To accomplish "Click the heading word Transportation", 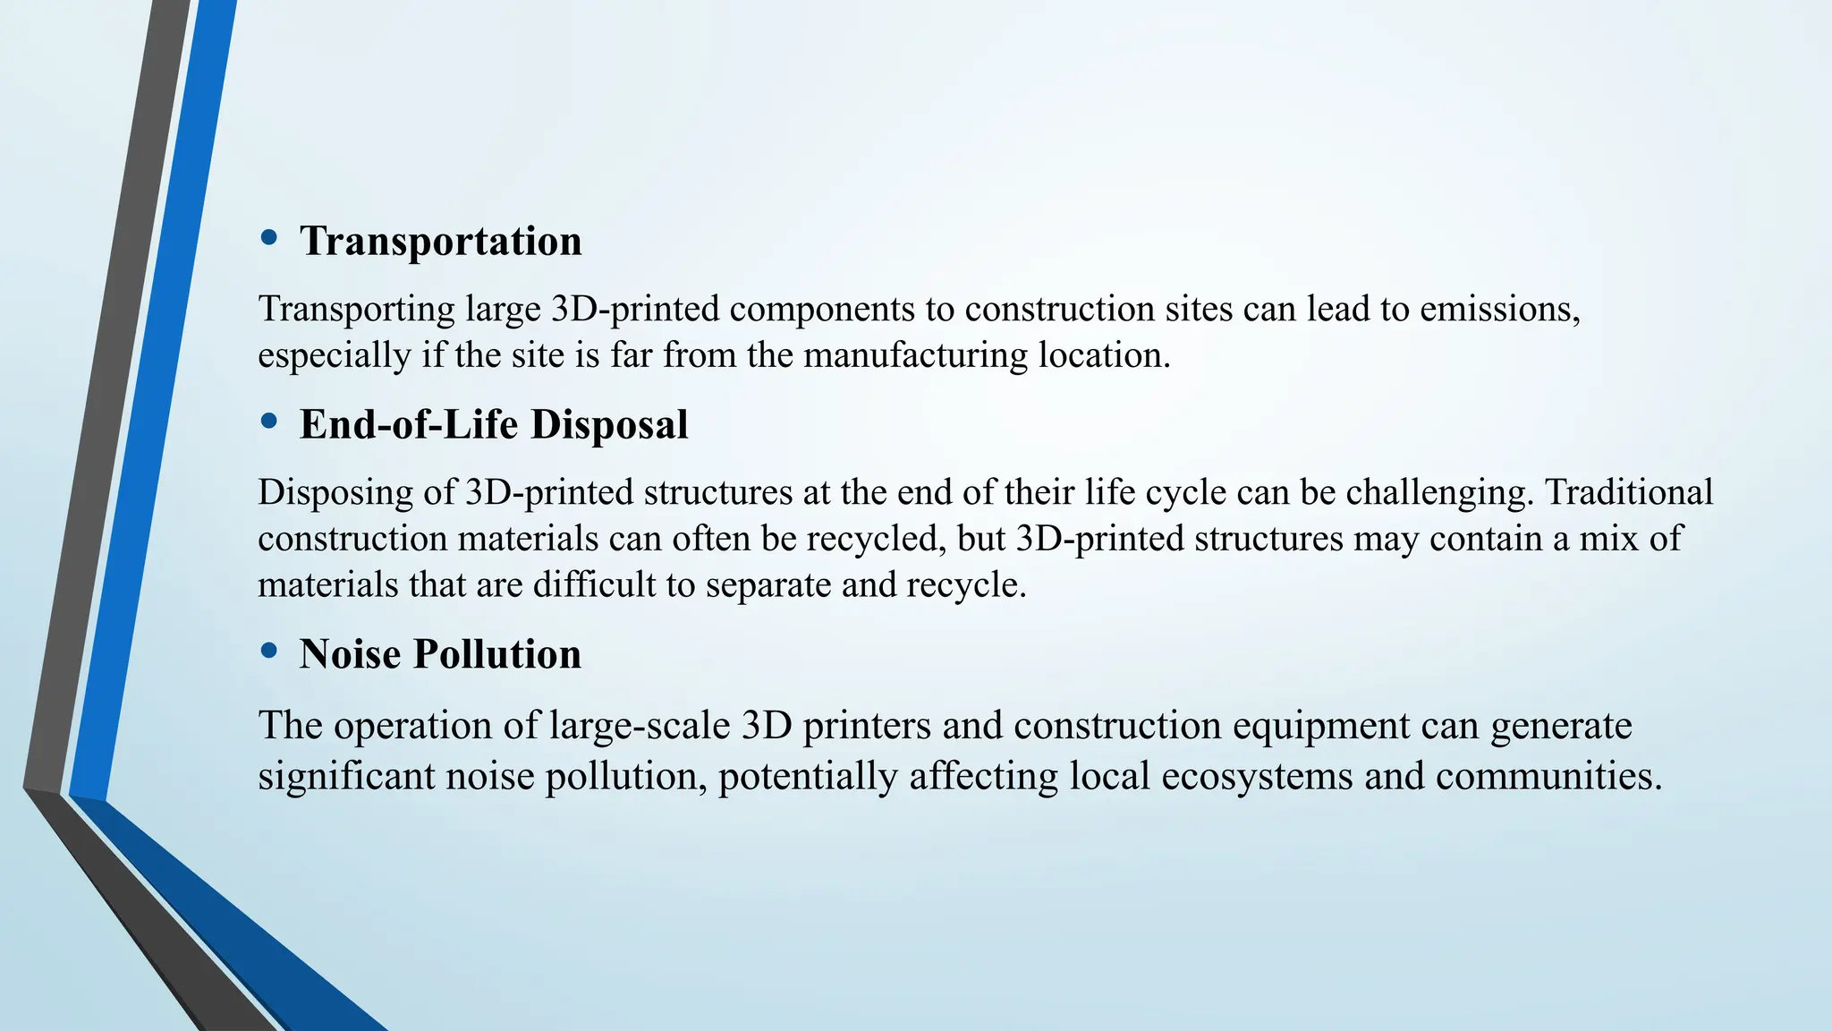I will tap(440, 242).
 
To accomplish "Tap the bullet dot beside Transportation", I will tap(268, 238).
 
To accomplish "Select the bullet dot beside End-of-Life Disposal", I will tap(268, 422).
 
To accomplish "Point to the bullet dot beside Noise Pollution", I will tap(268, 652).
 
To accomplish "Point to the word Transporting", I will tap(357, 311).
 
